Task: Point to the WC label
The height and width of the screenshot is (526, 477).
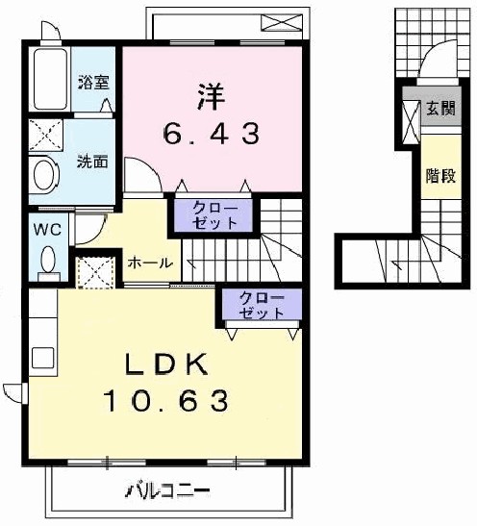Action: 47,230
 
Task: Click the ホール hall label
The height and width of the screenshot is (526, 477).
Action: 149,263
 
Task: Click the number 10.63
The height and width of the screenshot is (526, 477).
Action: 166,398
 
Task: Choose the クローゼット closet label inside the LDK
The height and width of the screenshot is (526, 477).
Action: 262,306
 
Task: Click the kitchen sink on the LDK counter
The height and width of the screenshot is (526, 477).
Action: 43,359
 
